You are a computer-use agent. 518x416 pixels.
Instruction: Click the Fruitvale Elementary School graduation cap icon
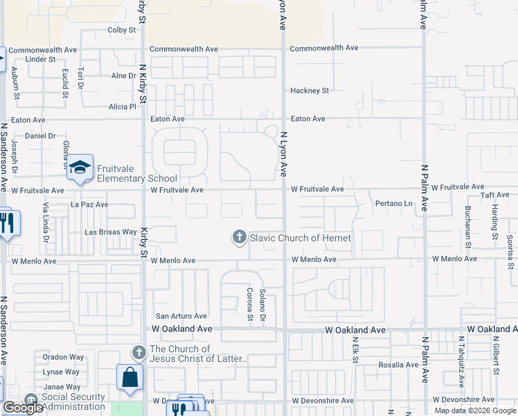tap(80, 167)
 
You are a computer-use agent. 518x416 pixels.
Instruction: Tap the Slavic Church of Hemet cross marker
tap(239, 238)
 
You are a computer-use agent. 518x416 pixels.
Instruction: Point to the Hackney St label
tap(309, 91)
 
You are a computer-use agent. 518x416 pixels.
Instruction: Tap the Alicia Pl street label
tap(123, 107)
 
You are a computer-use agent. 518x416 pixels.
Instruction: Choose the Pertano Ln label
tap(393, 204)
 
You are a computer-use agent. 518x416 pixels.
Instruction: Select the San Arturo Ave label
tap(181, 316)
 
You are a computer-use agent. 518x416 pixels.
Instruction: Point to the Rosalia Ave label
tap(396, 365)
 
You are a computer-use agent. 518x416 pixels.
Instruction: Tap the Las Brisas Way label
tap(110, 232)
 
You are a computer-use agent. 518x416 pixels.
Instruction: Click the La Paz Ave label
tap(89, 205)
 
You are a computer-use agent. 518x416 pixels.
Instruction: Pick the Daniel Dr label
tap(40, 136)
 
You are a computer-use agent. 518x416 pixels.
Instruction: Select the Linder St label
tap(40, 60)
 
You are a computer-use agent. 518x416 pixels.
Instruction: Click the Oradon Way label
tap(63, 357)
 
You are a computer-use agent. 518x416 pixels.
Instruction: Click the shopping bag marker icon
tap(129, 377)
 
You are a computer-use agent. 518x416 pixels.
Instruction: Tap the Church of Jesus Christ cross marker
tap(139, 353)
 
